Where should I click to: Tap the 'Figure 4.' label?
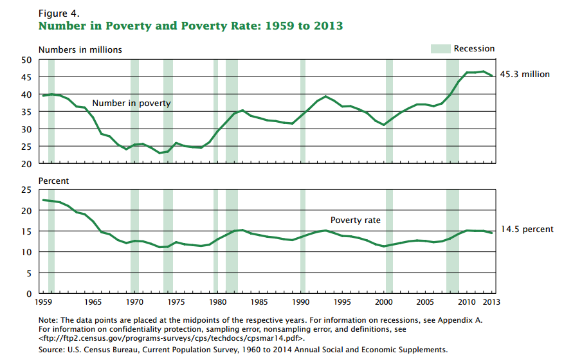click(x=59, y=12)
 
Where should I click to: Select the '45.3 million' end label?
click(x=526, y=75)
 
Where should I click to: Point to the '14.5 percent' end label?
click(x=527, y=230)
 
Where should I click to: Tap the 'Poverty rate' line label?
click(x=355, y=221)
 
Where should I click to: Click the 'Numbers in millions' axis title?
click(x=80, y=50)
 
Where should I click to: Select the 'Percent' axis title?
click(x=53, y=181)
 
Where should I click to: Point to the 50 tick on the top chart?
click(x=27, y=60)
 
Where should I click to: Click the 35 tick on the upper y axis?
click(x=27, y=112)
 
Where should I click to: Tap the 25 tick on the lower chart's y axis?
click(x=27, y=190)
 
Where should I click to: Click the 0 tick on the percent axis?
click(x=30, y=294)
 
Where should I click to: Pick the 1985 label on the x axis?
click(x=259, y=301)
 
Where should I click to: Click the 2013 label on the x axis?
click(x=491, y=301)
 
